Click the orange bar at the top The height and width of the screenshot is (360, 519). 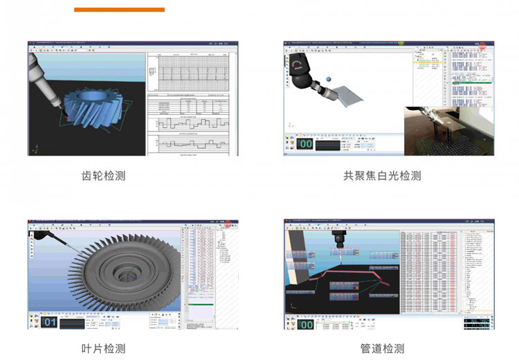point(119,10)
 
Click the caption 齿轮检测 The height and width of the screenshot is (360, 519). point(104,177)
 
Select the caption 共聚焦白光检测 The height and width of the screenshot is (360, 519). point(382,176)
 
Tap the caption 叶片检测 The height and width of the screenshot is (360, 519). point(104,348)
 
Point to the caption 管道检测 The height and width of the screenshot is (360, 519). point(382,348)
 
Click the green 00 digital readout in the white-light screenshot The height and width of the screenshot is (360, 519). point(306,144)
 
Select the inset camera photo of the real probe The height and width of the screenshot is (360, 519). point(449,130)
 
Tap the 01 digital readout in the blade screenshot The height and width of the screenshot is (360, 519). point(50,323)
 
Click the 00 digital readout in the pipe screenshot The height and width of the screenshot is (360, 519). point(306,323)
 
